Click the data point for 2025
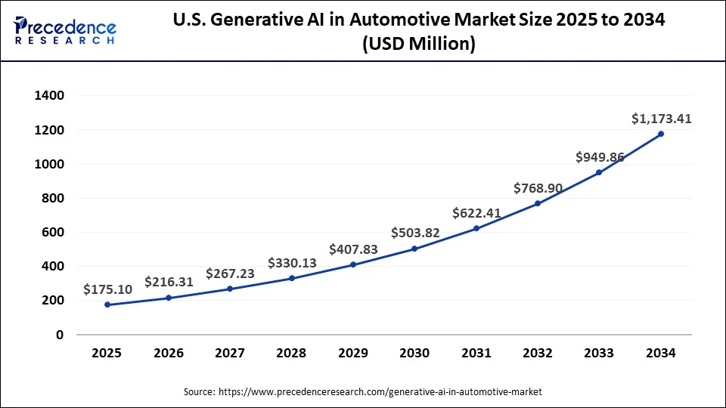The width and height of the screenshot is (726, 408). point(107,304)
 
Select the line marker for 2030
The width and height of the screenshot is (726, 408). point(414,249)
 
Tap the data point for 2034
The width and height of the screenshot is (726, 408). point(661,134)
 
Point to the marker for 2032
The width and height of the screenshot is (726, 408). point(538,203)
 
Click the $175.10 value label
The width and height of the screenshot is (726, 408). point(107,289)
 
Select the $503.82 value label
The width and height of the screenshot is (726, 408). point(415,232)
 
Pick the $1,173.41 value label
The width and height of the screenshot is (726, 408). point(661,119)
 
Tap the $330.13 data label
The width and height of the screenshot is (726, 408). point(292,263)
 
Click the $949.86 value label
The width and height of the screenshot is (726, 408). point(600,157)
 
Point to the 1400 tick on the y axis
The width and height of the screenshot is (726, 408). point(48,96)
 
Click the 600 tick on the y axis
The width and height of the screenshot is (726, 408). point(53,233)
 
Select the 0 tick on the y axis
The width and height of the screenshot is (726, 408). point(60,335)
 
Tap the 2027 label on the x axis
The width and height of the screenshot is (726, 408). point(230,353)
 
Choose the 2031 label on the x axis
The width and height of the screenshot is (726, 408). point(476,353)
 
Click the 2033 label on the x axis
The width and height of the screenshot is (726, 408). point(600,353)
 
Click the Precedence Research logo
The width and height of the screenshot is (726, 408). point(65,30)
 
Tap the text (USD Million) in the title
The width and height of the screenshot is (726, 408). point(418,45)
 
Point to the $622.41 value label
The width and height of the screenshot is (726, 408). point(476,213)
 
